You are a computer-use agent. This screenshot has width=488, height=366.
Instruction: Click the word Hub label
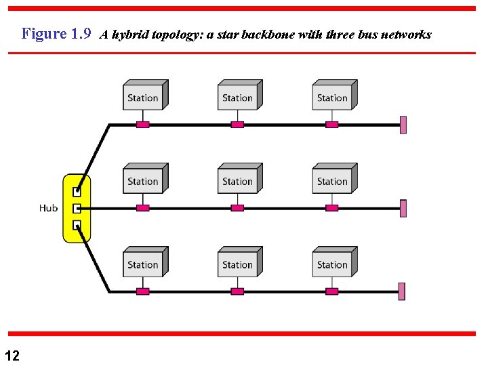[48, 208]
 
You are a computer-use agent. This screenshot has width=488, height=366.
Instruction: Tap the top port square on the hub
[77, 192]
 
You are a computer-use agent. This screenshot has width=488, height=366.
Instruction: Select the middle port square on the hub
[77, 209]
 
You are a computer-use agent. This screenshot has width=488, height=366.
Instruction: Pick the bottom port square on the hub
[77, 225]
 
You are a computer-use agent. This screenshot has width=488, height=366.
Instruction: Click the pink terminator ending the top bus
[403, 125]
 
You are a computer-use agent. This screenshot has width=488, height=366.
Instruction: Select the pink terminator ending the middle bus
[403, 208]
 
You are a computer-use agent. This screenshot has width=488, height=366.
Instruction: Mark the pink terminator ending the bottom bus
[402, 291]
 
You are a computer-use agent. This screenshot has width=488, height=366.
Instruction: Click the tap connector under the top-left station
[142, 125]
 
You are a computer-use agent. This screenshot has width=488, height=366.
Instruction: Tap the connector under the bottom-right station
[332, 291]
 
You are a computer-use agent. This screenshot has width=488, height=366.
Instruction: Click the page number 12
[12, 355]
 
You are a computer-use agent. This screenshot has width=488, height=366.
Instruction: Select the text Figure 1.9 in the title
[56, 34]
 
